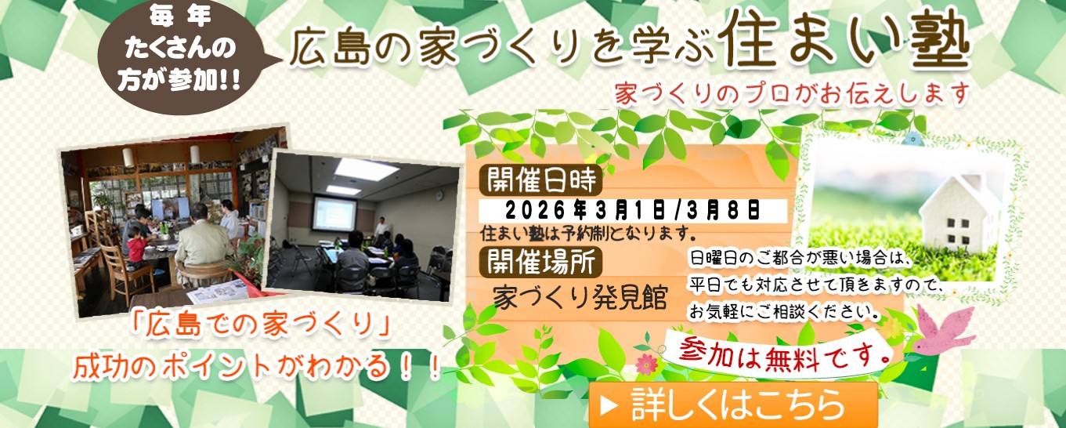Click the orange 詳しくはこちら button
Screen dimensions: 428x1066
[x=733, y=405]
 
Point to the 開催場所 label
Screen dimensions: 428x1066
[x=540, y=259]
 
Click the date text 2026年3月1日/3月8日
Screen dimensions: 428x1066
[x=633, y=210]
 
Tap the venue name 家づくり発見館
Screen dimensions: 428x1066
[x=580, y=299]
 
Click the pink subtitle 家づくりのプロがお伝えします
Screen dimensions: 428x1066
[x=791, y=92]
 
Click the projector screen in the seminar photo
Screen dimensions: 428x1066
[x=334, y=212]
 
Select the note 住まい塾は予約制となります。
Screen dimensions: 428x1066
[x=588, y=233]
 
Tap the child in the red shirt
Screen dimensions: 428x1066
[x=136, y=246]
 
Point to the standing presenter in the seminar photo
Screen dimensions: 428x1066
[x=381, y=227]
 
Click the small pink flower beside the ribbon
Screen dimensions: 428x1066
[x=646, y=364]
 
